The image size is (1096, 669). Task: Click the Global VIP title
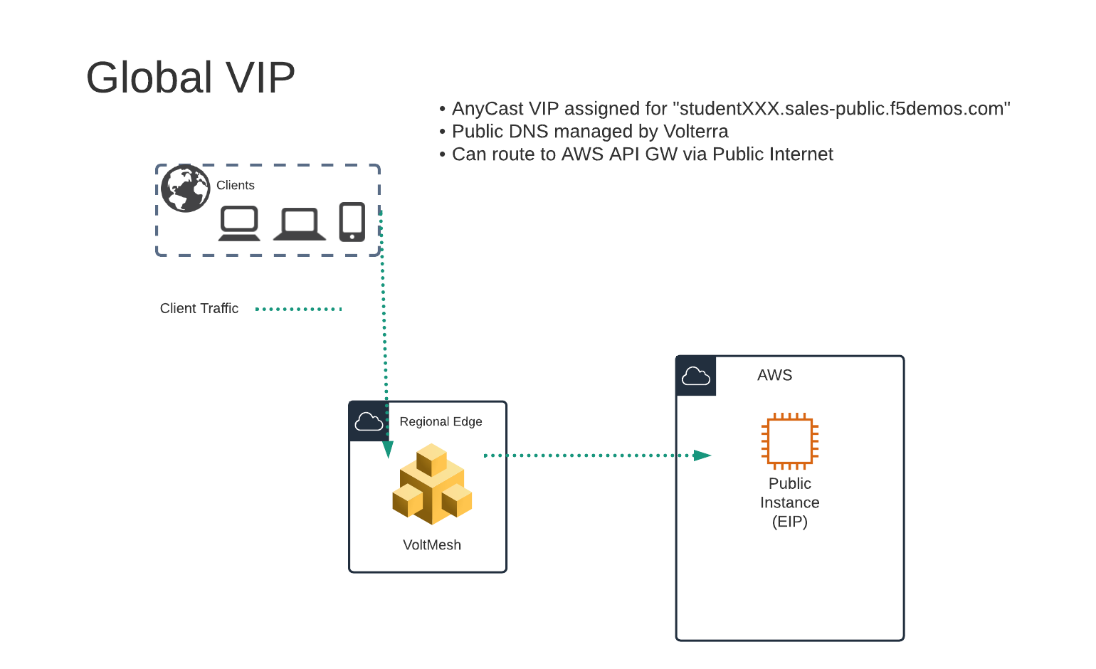tap(190, 78)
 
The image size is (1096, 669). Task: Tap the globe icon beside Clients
tap(186, 189)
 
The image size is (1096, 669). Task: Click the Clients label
tap(236, 185)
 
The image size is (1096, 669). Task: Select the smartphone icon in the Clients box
tap(352, 221)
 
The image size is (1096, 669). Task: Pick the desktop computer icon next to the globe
tap(239, 223)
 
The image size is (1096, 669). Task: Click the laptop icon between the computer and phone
tap(300, 225)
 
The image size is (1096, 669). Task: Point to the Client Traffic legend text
tap(199, 308)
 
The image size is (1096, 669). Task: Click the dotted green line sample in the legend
tap(298, 310)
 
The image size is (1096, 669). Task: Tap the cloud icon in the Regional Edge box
tap(369, 421)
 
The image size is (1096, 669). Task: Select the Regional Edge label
tap(441, 421)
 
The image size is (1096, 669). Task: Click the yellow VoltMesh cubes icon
tap(432, 484)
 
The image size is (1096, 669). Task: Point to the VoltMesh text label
tap(432, 544)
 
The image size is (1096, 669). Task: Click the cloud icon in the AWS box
tap(696, 376)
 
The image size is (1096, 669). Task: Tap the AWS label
tap(774, 375)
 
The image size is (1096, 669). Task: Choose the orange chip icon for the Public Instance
tap(790, 441)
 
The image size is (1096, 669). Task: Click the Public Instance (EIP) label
tap(790, 502)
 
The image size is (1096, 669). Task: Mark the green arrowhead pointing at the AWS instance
tap(702, 455)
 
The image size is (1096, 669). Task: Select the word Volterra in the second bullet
tap(696, 131)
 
